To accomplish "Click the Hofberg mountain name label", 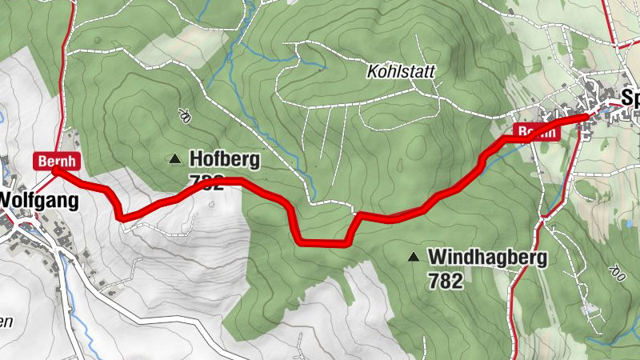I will pos(224,159).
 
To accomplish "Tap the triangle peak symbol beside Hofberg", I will pos(174,159).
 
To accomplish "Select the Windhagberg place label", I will pos(487,258).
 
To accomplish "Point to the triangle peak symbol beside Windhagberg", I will pos(414,258).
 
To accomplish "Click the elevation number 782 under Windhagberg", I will pos(446,281).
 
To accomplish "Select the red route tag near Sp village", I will pos(534,132).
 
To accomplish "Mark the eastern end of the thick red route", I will pos(586,117).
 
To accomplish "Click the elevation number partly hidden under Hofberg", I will pos(206,183).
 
